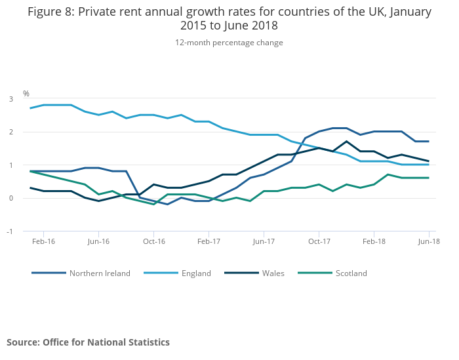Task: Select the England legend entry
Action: point(196,273)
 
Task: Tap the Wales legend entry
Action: point(273,273)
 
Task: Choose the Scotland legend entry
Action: point(351,273)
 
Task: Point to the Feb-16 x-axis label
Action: point(43,241)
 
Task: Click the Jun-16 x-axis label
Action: point(98,241)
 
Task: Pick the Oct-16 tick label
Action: point(153,241)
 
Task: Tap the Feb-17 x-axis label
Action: point(209,241)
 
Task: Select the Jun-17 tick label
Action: point(264,241)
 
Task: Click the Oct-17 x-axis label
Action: point(319,241)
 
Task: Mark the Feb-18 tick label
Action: point(374,241)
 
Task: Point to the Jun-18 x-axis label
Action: point(429,241)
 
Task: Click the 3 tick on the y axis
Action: point(11,99)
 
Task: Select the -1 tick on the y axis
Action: point(10,231)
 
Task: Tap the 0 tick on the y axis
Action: point(11,198)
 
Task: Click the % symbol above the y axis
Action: point(26,94)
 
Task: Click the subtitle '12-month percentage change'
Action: point(229,43)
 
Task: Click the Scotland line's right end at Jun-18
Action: point(429,178)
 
